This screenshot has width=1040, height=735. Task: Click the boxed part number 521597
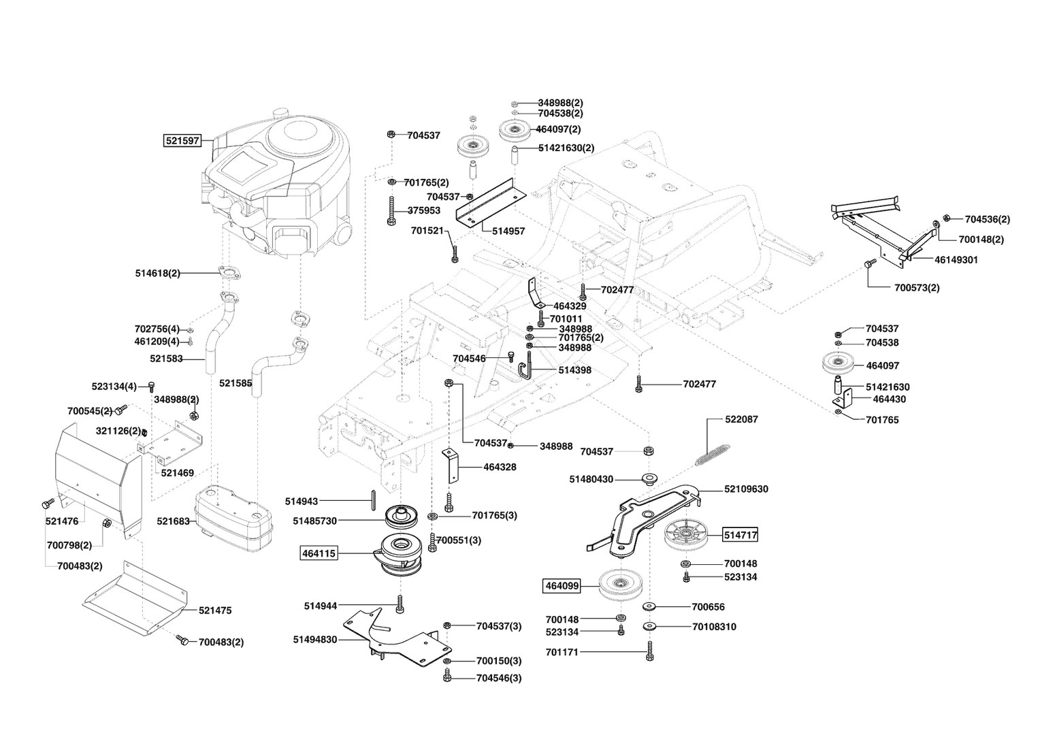click(x=182, y=140)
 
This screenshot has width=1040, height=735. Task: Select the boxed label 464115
click(x=319, y=553)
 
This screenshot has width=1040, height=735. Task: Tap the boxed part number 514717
click(x=741, y=536)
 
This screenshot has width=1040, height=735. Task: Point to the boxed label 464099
click(x=562, y=586)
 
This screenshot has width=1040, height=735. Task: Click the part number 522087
click(x=741, y=419)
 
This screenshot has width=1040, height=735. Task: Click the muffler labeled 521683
click(x=234, y=519)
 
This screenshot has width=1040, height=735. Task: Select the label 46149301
click(x=956, y=260)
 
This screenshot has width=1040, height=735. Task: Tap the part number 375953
click(x=424, y=210)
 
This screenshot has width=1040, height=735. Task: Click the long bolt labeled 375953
click(x=391, y=211)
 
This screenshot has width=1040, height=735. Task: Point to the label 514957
click(x=508, y=231)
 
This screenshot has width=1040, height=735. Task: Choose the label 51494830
click(x=314, y=640)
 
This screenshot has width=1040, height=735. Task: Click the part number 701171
click(x=562, y=653)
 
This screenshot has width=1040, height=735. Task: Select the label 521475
click(x=215, y=610)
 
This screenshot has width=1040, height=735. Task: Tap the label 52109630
click(x=746, y=489)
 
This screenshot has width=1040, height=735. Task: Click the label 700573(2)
click(x=917, y=288)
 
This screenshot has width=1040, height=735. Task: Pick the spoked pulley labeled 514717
click(x=685, y=537)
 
